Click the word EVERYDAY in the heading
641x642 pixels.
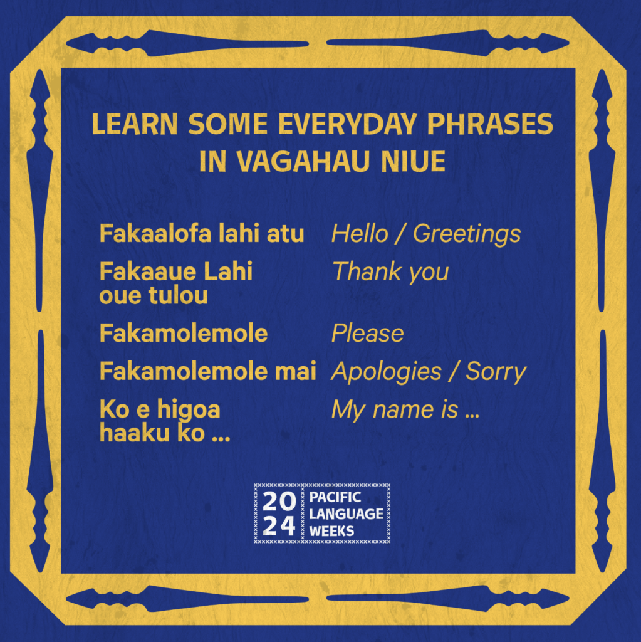(348, 124)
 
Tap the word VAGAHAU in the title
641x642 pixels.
(303, 161)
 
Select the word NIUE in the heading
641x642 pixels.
(413, 161)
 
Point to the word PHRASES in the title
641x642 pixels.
(490, 124)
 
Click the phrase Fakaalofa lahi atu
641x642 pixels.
(202, 234)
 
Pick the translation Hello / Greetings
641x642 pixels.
(426, 234)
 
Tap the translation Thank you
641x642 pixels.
(390, 273)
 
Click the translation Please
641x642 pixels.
(368, 334)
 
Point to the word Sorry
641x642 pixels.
(496, 372)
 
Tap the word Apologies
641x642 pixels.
(387, 372)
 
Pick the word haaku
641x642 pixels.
(135, 433)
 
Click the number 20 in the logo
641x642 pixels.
(279, 501)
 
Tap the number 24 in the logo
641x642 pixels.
(279, 526)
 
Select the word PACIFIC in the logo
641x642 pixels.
(335, 497)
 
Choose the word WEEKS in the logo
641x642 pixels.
(331, 531)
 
